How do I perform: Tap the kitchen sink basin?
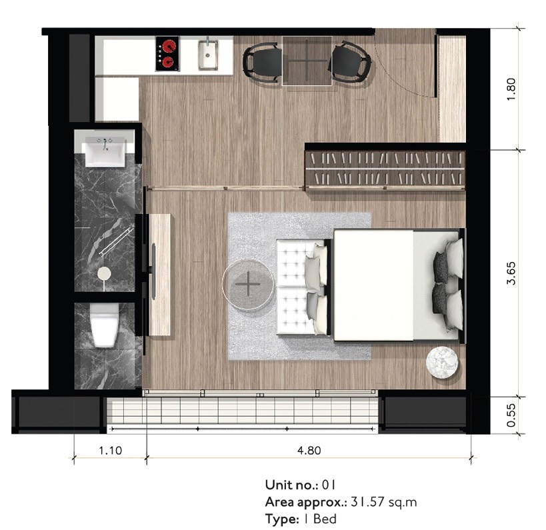pos(208,55)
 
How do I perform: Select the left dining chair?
pos(262,61)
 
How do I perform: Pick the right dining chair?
pos(350,61)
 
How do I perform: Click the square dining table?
pos(307,61)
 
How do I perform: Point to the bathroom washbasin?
pos(105,152)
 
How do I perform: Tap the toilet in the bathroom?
pos(104,325)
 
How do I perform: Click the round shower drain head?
pos(104,272)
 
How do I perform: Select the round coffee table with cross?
pos(248,284)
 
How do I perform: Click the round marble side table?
pos(442,362)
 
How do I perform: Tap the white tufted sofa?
pos(302,287)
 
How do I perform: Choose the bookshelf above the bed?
pos(385,170)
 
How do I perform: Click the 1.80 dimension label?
pos(511,89)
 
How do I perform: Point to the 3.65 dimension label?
pos(511,273)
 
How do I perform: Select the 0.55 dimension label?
pos(511,415)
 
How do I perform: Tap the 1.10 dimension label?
pos(111,451)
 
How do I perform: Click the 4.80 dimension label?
pos(309,451)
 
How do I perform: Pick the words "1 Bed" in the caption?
pos(320,519)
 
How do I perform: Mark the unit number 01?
pos(329,485)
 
